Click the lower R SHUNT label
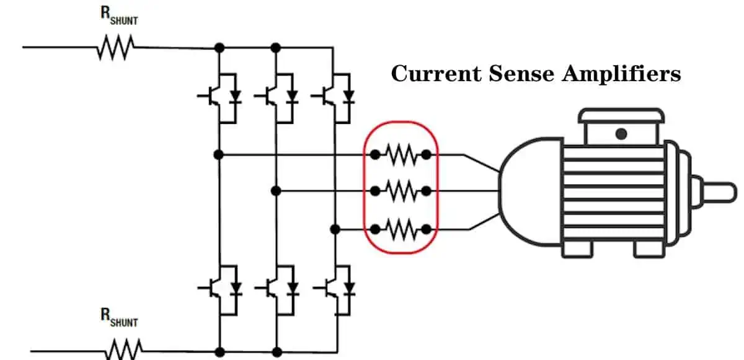coord(119,318)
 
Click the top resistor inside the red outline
coord(401,154)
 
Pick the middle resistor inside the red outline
coord(401,191)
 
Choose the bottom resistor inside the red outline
coord(401,229)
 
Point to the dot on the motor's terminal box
coord(621,133)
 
